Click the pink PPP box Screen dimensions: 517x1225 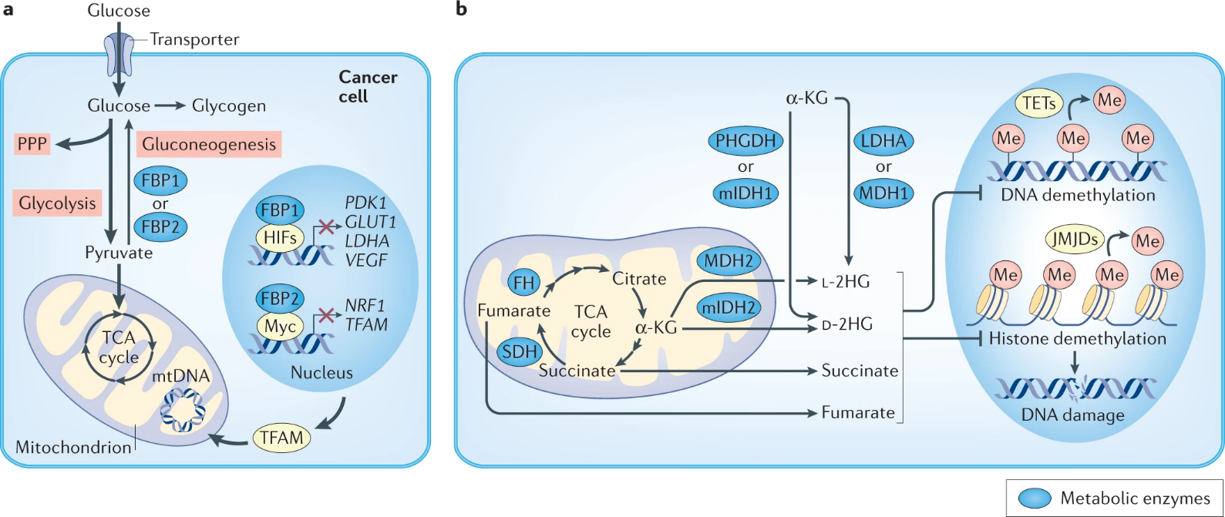click(x=32, y=144)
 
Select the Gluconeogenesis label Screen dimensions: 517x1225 click(x=209, y=144)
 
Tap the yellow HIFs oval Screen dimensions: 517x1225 click(x=280, y=238)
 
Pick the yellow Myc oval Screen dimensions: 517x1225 click(x=280, y=326)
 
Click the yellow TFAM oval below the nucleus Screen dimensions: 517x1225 click(x=281, y=438)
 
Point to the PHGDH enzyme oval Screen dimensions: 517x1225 click(x=745, y=140)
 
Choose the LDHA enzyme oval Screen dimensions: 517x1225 click(x=883, y=140)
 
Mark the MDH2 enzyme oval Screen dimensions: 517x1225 click(x=729, y=261)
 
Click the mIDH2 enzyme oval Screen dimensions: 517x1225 click(x=729, y=308)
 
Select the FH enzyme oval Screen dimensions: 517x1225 click(x=524, y=283)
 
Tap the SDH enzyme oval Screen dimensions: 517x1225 click(x=520, y=352)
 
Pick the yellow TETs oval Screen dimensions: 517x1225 click(x=1039, y=103)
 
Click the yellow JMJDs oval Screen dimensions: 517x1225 click(x=1075, y=240)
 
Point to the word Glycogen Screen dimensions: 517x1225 click(x=229, y=106)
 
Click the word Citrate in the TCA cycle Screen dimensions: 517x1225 click(x=639, y=279)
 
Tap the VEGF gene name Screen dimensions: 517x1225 click(x=366, y=260)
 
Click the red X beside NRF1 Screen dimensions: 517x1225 click(x=327, y=314)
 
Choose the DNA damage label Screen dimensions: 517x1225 click(x=1072, y=415)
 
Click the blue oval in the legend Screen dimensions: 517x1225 click(x=1035, y=499)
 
